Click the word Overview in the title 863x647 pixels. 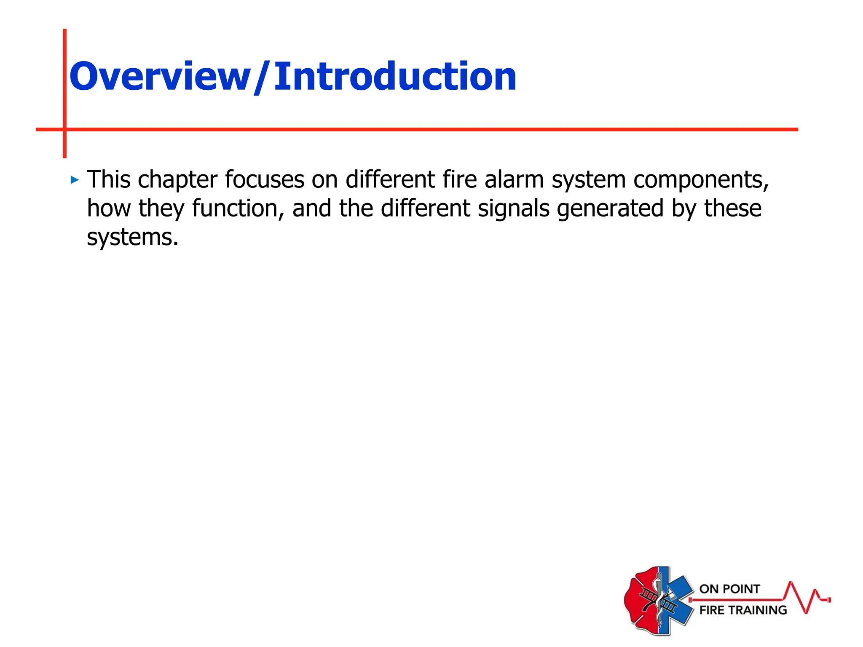click(x=160, y=77)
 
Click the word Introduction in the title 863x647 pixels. click(x=395, y=77)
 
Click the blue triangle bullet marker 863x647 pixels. click(x=75, y=180)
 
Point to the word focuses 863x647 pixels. click(x=264, y=179)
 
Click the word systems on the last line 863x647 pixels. click(x=132, y=238)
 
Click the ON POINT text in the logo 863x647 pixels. click(x=729, y=589)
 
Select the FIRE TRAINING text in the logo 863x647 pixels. click(x=743, y=610)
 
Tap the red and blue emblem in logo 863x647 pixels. click(x=658, y=600)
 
